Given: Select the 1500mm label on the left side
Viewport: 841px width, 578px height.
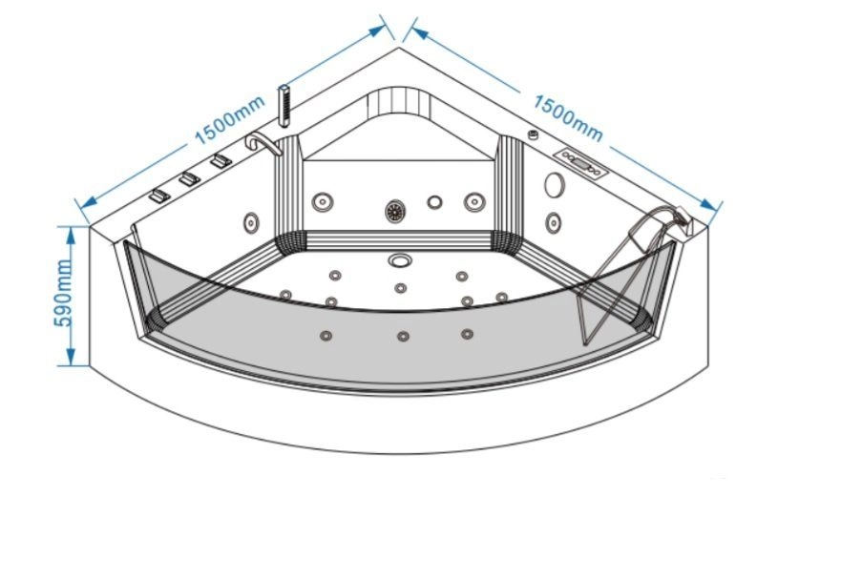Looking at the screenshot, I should pyautogui.click(x=228, y=123).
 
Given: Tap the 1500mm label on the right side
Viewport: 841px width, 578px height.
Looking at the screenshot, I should pyautogui.click(x=567, y=114).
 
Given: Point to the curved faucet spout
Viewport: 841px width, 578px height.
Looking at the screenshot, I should pyautogui.click(x=262, y=143).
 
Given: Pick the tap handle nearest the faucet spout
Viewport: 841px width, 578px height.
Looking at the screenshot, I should pyautogui.click(x=221, y=161).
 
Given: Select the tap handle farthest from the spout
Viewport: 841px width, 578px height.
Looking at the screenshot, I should pyautogui.click(x=158, y=196).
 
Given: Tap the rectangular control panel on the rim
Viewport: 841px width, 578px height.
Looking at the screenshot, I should pyautogui.click(x=581, y=164).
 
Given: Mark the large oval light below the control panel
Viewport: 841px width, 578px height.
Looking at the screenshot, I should pyautogui.click(x=555, y=186).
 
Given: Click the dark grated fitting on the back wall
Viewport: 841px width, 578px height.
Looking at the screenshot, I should pyautogui.click(x=394, y=210).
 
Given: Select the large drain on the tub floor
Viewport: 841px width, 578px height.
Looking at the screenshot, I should pyautogui.click(x=399, y=258).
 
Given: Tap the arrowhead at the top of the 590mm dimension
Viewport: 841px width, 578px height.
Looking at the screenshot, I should pyautogui.click(x=69, y=232).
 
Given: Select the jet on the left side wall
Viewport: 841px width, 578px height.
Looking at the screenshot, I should pyautogui.click(x=251, y=222).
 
